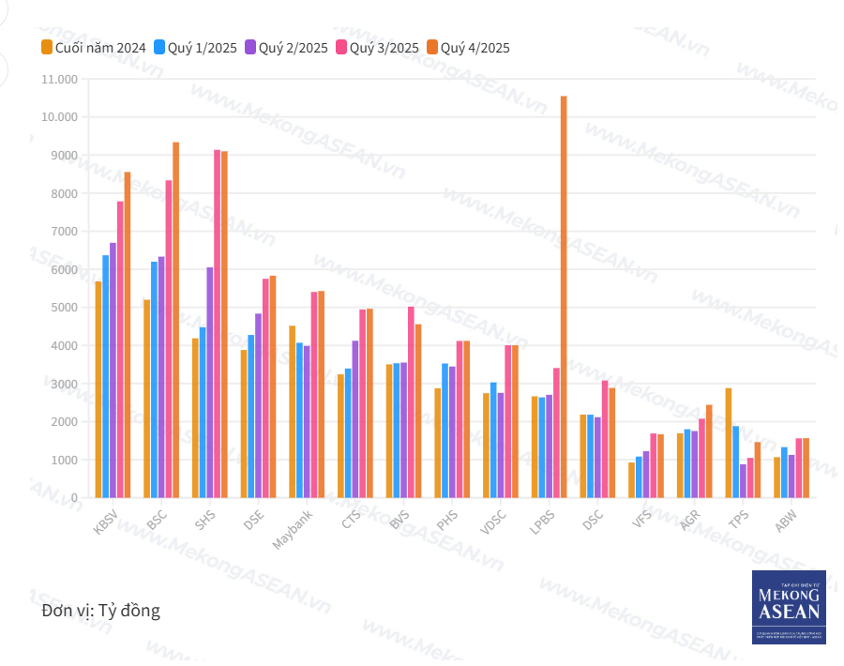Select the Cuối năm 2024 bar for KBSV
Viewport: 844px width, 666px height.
click(98, 389)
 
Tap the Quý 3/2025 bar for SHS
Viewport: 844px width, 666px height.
click(218, 324)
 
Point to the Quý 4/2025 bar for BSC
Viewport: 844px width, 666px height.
click(175, 320)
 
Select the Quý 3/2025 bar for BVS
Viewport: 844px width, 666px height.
click(411, 402)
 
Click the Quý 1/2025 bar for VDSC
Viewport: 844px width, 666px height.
click(493, 440)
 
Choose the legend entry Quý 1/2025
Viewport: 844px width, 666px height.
click(197, 47)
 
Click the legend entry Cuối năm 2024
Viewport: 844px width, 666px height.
click(93, 47)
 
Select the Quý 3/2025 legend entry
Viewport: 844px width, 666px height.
click(378, 47)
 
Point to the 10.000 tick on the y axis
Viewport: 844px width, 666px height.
click(59, 117)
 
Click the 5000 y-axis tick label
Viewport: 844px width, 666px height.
click(65, 308)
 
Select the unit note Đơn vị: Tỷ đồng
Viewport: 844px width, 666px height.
click(101, 611)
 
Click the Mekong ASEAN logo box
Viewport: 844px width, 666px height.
click(789, 607)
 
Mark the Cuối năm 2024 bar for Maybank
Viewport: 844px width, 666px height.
click(293, 412)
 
